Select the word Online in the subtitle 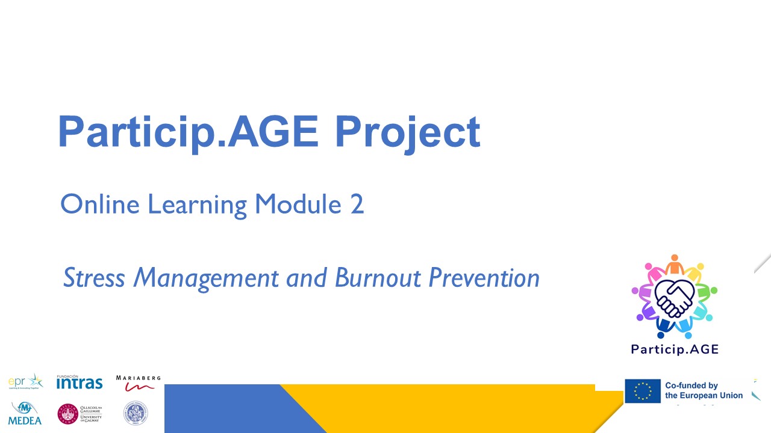pos(101,204)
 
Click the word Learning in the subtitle pos(198,206)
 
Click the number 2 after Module pos(357,205)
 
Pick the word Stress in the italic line pos(95,278)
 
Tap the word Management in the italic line pos(206,278)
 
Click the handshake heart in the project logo pos(674,298)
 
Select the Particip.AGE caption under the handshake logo pos(675,349)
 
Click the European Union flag pos(642,391)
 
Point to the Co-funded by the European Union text pos(704,391)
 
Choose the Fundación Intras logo pos(79,382)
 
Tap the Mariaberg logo pos(138,383)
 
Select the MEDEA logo pos(25,413)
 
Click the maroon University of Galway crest pos(67,413)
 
